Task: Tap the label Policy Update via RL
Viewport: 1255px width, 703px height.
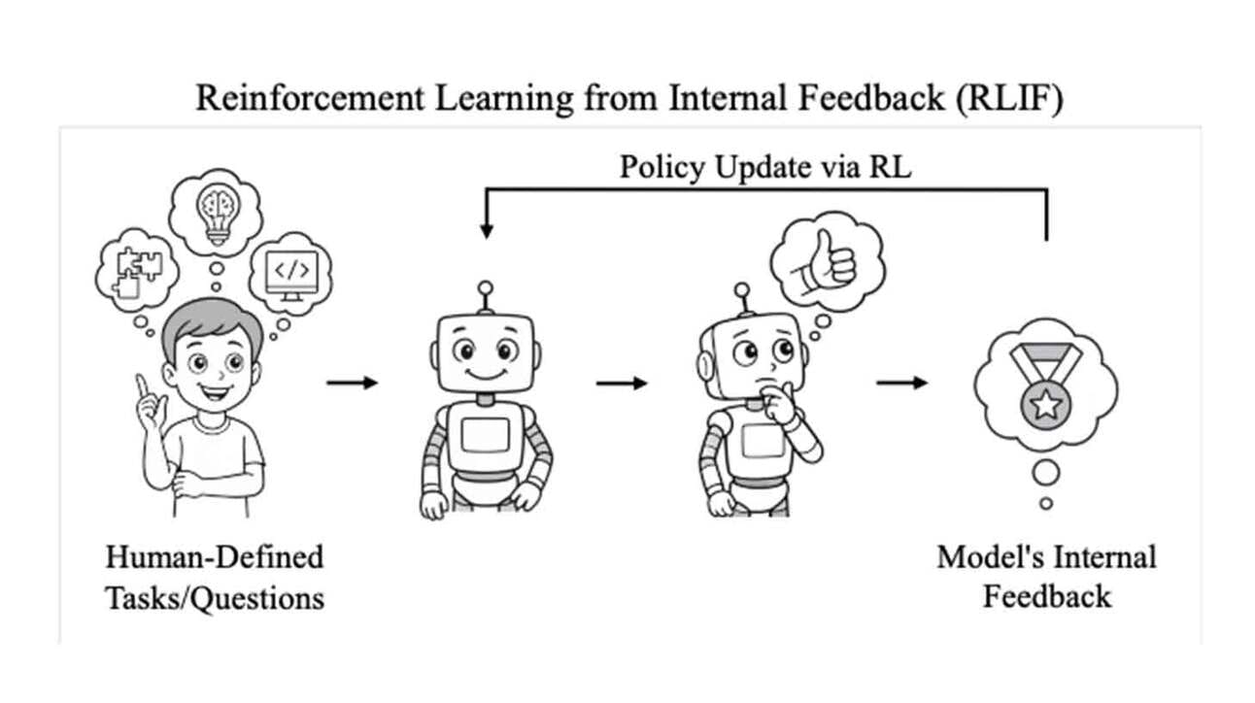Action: (x=765, y=166)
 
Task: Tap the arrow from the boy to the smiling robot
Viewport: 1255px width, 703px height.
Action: (x=352, y=383)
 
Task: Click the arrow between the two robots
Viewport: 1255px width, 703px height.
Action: (x=622, y=383)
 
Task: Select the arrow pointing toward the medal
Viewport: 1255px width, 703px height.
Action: (x=901, y=383)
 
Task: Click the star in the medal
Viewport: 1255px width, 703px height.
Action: (x=1045, y=402)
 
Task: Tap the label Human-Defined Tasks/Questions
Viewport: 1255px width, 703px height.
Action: (x=215, y=577)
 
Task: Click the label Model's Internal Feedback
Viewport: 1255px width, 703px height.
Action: (x=1046, y=576)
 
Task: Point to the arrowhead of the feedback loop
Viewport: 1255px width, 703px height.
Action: (x=486, y=232)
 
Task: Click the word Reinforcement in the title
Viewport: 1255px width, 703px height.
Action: (x=288, y=98)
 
